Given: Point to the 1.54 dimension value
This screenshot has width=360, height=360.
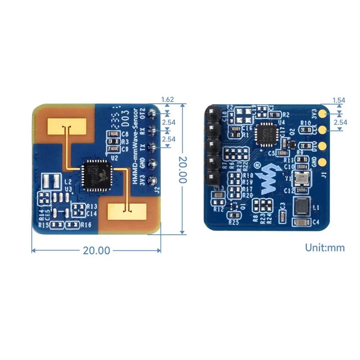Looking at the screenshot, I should tap(339, 100).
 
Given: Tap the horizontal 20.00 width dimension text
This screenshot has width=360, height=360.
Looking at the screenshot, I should tap(96, 250).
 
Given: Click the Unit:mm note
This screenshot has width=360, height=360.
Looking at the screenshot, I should tap(325, 248).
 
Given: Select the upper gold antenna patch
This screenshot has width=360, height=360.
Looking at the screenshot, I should tap(67, 125).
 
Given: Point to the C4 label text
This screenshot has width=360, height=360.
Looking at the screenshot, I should tap(316, 222).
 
